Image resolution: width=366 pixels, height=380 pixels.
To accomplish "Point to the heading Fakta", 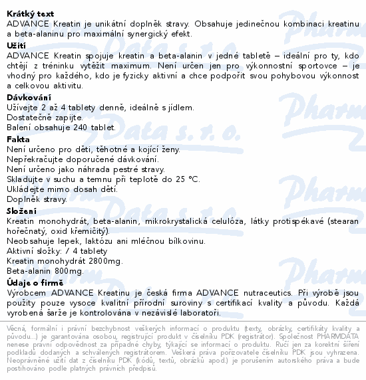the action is click(x=18, y=140).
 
